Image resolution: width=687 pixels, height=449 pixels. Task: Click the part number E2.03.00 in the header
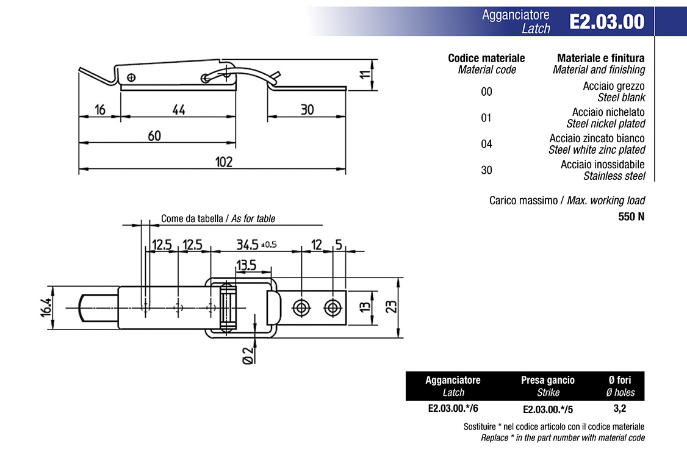pyautogui.click(x=607, y=21)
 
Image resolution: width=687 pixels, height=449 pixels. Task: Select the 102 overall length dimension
pyautogui.click(x=223, y=162)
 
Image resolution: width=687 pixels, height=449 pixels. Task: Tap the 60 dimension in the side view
pyautogui.click(x=154, y=136)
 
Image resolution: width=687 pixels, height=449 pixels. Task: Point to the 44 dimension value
pyautogui.click(x=179, y=110)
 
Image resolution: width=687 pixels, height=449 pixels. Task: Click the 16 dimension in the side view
pyautogui.click(x=100, y=110)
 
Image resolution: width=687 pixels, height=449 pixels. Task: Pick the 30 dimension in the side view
pyautogui.click(x=307, y=110)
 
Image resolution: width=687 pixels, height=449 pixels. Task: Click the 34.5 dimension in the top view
pyautogui.click(x=247, y=245)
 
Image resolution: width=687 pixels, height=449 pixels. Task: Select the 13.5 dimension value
pyautogui.click(x=246, y=265)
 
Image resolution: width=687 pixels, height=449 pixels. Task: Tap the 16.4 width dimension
pyautogui.click(x=46, y=307)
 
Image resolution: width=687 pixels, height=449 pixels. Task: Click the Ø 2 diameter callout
pyautogui.click(x=248, y=355)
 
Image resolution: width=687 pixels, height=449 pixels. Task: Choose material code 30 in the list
pyautogui.click(x=486, y=170)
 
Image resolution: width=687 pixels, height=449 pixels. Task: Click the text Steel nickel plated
pyautogui.click(x=605, y=123)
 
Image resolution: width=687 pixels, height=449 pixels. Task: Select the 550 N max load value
pyautogui.click(x=631, y=217)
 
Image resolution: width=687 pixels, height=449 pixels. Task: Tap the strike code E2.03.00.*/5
pyautogui.click(x=548, y=409)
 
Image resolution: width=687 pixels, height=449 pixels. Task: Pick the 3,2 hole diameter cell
pyautogui.click(x=620, y=409)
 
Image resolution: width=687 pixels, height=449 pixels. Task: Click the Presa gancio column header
pyautogui.click(x=548, y=380)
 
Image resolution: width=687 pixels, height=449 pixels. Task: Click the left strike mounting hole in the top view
pyautogui.click(x=301, y=307)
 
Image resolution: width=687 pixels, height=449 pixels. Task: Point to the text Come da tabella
pyautogui.click(x=192, y=218)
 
